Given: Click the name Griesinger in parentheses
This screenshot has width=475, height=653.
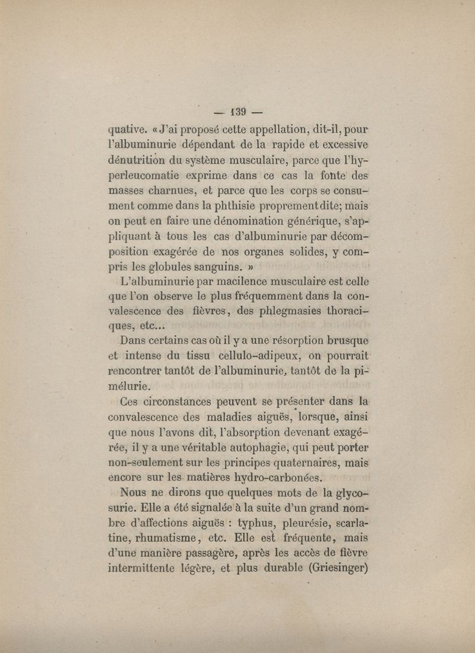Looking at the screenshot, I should click(331, 568).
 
